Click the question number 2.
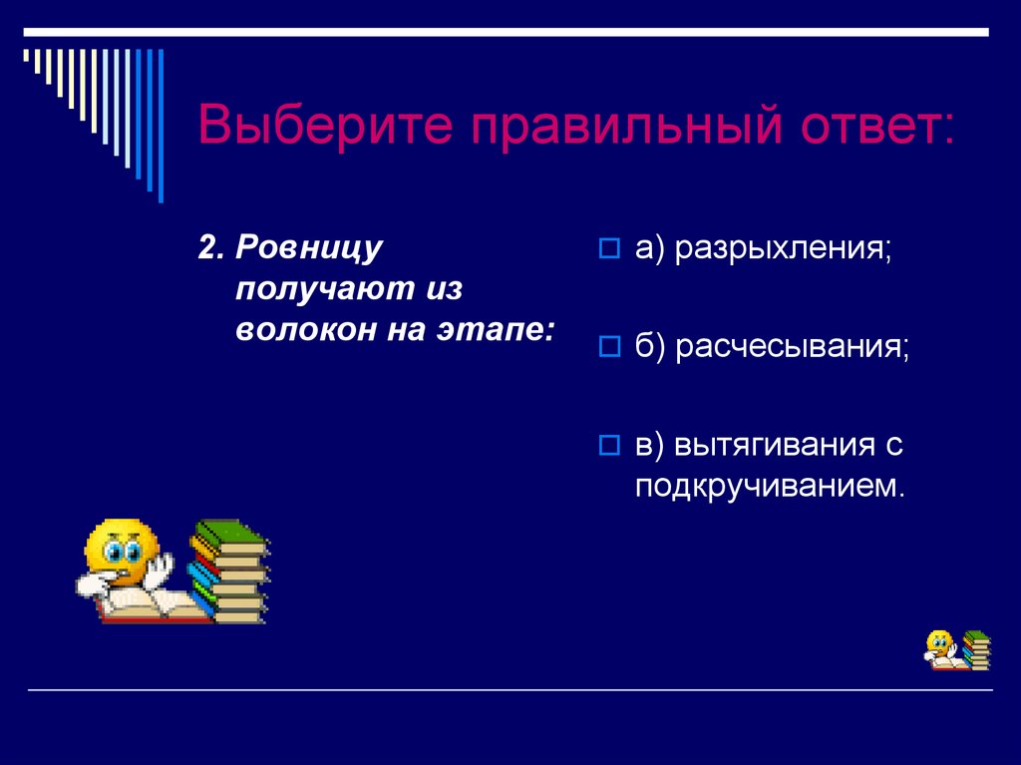(209, 249)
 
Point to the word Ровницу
(309, 249)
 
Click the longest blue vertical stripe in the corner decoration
(160, 125)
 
